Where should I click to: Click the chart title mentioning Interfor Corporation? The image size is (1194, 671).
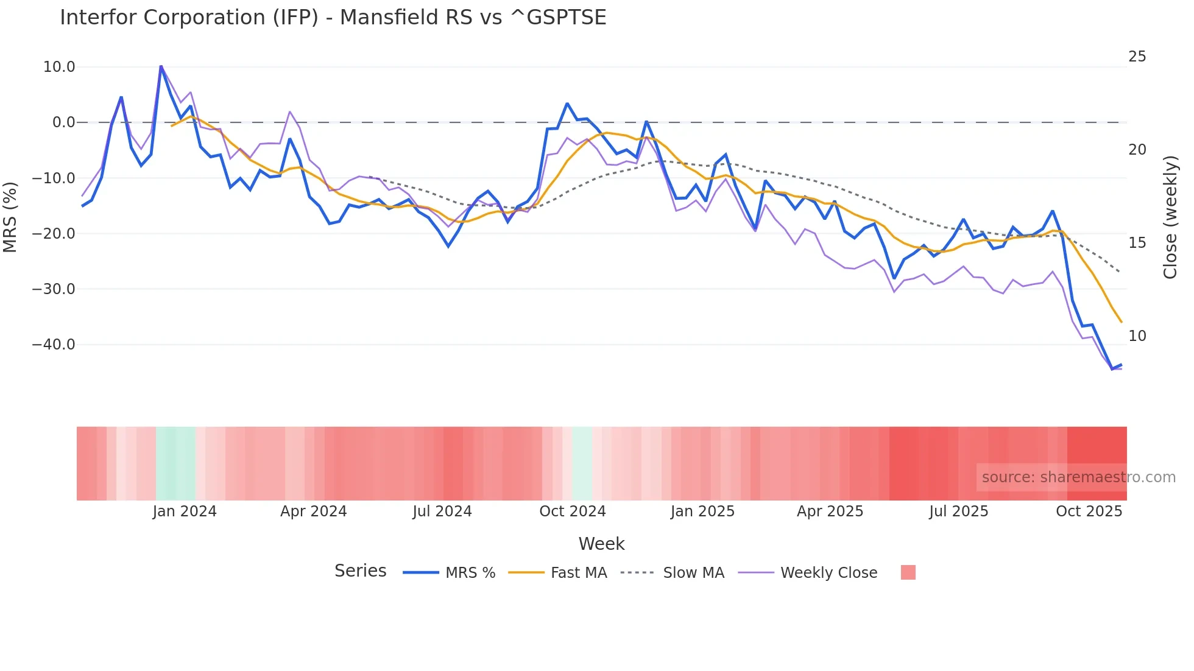(333, 18)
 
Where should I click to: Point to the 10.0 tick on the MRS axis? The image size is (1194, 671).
(59, 67)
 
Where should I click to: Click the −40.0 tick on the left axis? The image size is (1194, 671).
(54, 345)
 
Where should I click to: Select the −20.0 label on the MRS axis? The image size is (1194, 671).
(54, 234)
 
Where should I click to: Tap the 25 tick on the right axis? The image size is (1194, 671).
(1137, 57)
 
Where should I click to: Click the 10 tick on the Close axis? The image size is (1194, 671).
(1137, 336)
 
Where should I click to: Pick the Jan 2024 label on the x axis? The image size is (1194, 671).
(185, 511)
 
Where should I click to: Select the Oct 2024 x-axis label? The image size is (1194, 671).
(573, 511)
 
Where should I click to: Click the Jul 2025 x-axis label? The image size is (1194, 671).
(958, 511)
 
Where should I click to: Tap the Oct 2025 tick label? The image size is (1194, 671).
(1089, 511)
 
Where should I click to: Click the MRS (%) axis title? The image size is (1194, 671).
(10, 217)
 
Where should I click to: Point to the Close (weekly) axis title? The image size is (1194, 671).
(1170, 217)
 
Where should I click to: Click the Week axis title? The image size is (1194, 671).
(601, 544)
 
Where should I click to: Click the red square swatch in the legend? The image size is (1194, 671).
(908, 572)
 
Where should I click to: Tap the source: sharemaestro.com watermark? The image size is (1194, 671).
(1078, 477)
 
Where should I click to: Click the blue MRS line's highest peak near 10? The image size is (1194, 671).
(161, 66)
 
